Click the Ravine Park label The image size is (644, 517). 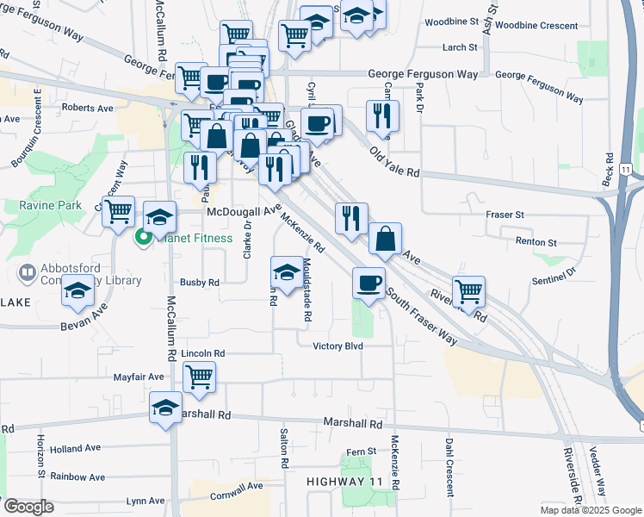50,205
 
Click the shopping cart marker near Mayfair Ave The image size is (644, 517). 199,377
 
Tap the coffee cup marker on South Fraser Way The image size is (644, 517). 368,283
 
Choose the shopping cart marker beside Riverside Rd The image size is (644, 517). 468,291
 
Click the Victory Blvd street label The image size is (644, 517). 337,346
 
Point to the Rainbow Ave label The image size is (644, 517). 77,477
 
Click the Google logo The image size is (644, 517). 29,507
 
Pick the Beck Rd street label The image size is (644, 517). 610,173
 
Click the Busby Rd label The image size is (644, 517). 200,282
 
